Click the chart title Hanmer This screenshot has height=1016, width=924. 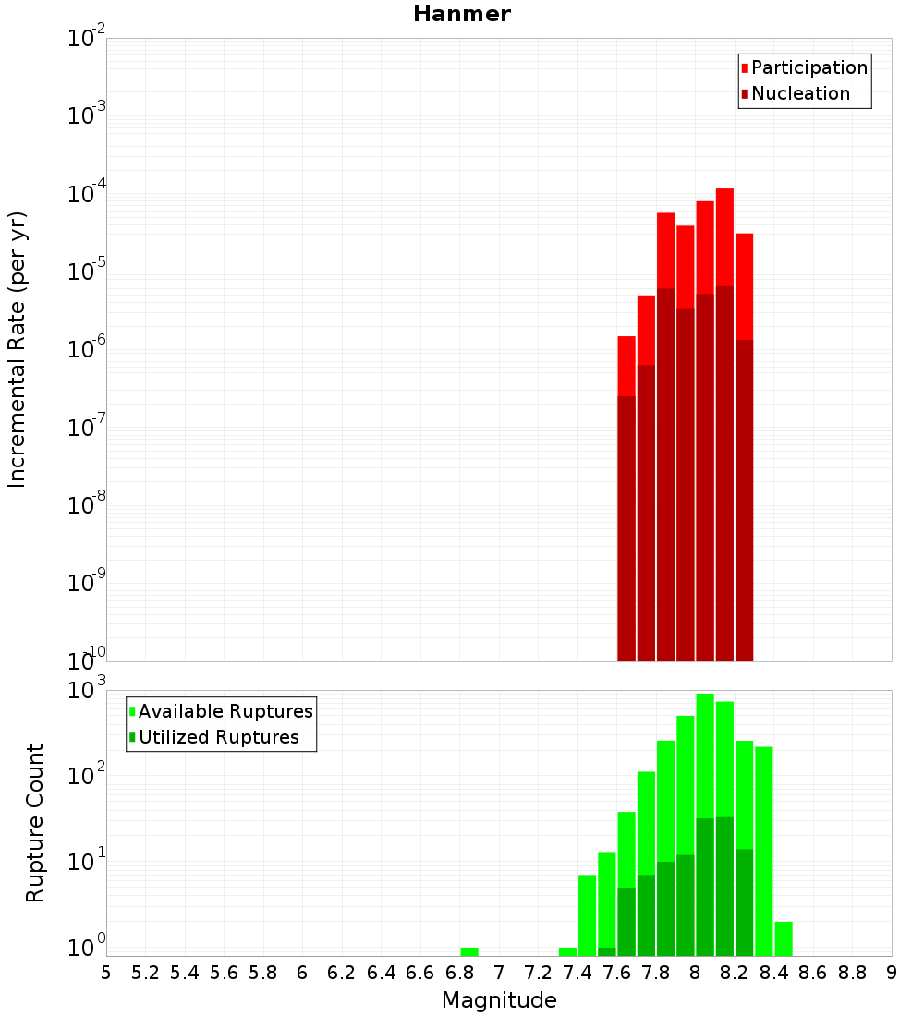[461, 14]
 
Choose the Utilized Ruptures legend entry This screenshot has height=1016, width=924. [218, 737]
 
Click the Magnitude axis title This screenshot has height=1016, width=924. [499, 1000]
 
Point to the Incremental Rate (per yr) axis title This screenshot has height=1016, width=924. [18, 350]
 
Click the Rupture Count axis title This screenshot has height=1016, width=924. [35, 823]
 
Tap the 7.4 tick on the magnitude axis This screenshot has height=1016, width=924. [577, 973]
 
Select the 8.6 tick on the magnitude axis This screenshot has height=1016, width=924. [813, 973]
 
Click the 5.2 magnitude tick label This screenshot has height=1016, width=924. [145, 973]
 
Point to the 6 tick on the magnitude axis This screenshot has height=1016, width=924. [302, 973]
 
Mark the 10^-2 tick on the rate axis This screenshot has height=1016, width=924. [87, 39]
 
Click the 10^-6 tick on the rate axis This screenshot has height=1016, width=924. [87, 350]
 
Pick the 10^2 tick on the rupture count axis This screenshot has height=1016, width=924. [87, 776]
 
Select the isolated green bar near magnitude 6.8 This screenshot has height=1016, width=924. [469, 951]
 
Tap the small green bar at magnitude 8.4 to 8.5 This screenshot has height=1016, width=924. [784, 938]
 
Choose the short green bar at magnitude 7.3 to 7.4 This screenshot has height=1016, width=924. [567, 951]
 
